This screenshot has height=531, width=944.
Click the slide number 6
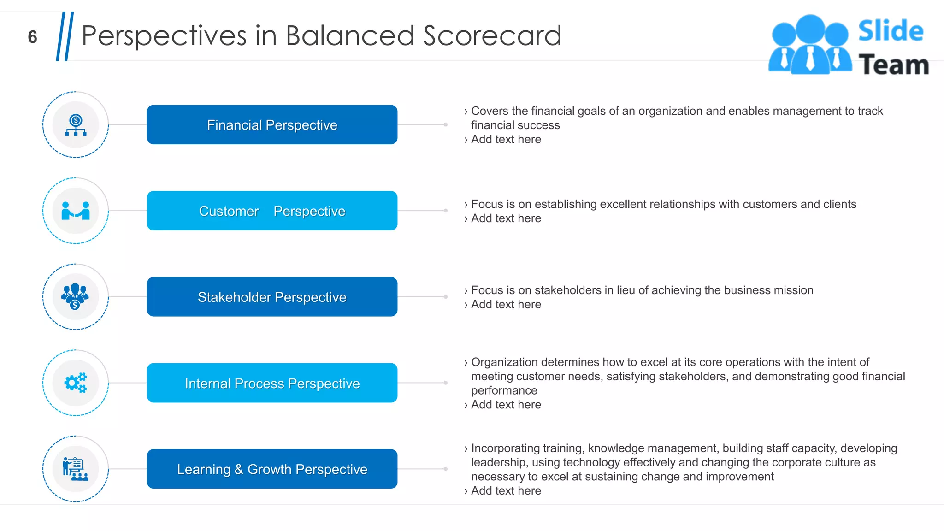pyautogui.click(x=32, y=37)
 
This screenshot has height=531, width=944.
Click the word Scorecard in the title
pyautogui.click(x=492, y=36)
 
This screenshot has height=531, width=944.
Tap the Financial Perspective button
pyautogui.click(x=272, y=125)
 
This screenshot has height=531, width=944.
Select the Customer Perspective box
pyautogui.click(x=272, y=211)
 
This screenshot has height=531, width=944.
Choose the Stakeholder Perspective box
pyautogui.click(x=272, y=297)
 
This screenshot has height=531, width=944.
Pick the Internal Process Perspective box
pyautogui.click(x=272, y=383)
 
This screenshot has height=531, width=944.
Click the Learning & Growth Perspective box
pyautogui.click(x=272, y=469)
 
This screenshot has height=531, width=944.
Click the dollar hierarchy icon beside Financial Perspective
pyautogui.click(x=76, y=125)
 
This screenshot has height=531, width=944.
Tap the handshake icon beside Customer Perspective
pyautogui.click(x=76, y=211)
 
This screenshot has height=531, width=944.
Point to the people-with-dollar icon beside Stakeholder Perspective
pyautogui.click(x=75, y=297)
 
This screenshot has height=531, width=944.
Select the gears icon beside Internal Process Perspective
pyautogui.click(x=76, y=383)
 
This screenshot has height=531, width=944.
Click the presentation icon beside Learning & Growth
pyautogui.click(x=75, y=469)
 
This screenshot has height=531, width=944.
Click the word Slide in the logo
pyautogui.click(x=891, y=31)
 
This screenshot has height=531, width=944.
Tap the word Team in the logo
pyautogui.click(x=893, y=65)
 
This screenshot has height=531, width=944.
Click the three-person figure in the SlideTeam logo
pyautogui.click(x=810, y=45)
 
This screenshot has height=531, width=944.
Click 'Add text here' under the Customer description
pyautogui.click(x=506, y=218)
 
